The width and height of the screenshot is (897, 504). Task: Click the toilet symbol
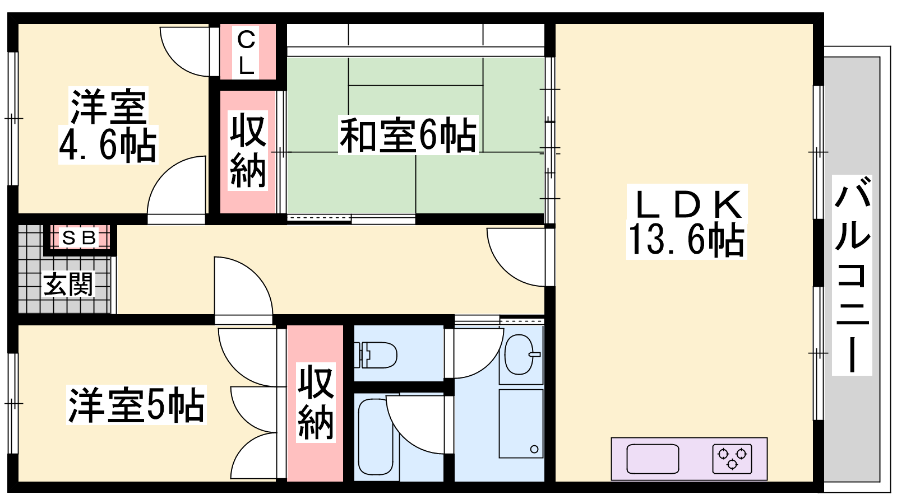tap(376, 355)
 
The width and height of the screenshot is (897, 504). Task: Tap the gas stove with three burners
tap(732, 459)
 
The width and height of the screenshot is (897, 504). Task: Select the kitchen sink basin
tap(653, 459)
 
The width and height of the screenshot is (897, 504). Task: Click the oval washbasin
tap(520, 354)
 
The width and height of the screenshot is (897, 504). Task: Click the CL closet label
tap(246, 53)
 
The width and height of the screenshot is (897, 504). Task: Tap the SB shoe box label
tap(79, 238)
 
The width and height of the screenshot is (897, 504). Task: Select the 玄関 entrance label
tap(68, 284)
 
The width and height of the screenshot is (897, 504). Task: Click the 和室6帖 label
tap(408, 135)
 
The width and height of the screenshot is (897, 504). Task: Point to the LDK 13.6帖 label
tap(686, 222)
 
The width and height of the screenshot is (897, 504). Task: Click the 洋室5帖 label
tap(137, 405)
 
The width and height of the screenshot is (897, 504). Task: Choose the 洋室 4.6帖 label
tap(108, 125)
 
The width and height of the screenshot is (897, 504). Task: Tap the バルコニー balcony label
tap(852, 275)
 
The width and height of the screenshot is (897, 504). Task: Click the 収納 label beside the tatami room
tap(248, 151)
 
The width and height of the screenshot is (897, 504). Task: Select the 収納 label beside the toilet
tap(316, 403)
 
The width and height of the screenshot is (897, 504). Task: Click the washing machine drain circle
tap(534, 449)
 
